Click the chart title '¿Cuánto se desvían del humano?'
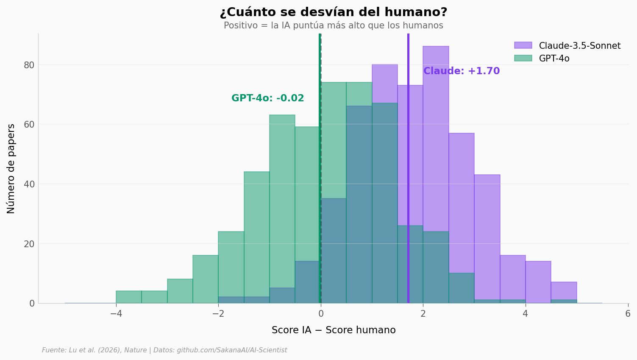point(334,13)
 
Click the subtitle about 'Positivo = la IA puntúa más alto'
point(334,25)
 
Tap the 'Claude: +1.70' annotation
point(462,71)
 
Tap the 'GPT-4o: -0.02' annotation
point(267,98)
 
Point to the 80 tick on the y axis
point(29,65)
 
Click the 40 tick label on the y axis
point(29,184)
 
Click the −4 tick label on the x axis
point(116,314)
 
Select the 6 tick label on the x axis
point(628,314)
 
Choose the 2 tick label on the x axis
point(423,314)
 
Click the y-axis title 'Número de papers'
point(11,168)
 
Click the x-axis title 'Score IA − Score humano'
point(334,330)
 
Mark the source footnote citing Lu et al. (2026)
point(164,350)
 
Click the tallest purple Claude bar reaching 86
point(436,127)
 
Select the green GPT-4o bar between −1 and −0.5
point(282,199)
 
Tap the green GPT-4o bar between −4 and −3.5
point(129,297)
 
